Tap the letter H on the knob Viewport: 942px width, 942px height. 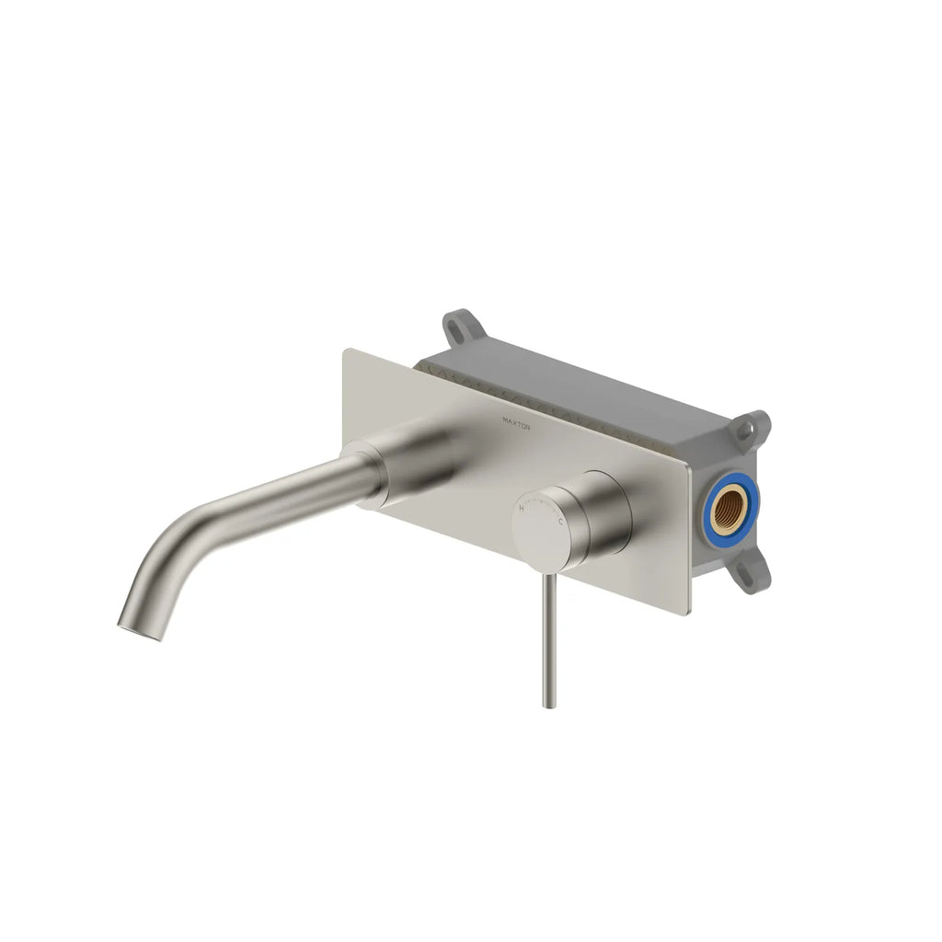pyautogui.click(x=523, y=507)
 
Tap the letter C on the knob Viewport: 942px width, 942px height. pyautogui.click(x=561, y=521)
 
